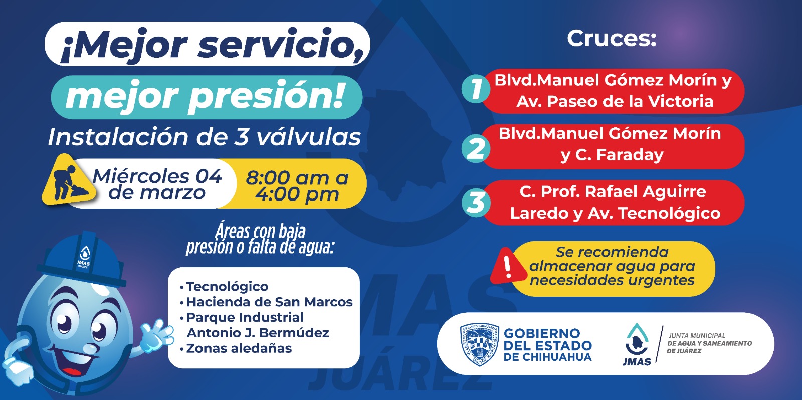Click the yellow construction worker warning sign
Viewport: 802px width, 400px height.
pyautogui.click(x=68, y=181)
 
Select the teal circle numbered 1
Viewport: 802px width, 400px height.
pyautogui.click(x=476, y=88)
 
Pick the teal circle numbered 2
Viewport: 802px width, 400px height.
pyautogui.click(x=476, y=148)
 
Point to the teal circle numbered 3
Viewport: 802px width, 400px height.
pyautogui.click(x=476, y=202)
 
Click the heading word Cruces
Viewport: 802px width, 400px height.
pyautogui.click(x=612, y=38)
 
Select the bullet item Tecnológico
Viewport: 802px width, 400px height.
pyautogui.click(x=227, y=287)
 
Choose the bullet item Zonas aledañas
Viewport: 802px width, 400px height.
pyautogui.click(x=239, y=348)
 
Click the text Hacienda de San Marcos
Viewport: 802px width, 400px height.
pyautogui.click(x=269, y=302)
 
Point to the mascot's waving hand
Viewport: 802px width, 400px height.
pyautogui.click(x=157, y=335)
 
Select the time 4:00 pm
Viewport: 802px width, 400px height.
pyautogui.click(x=297, y=194)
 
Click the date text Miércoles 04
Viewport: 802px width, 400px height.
pyautogui.click(x=157, y=176)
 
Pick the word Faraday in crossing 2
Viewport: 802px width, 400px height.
pyautogui.click(x=630, y=155)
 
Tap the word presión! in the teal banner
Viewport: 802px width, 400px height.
pyautogui.click(x=266, y=97)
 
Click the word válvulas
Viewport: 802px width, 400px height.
pyautogui.click(x=309, y=137)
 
